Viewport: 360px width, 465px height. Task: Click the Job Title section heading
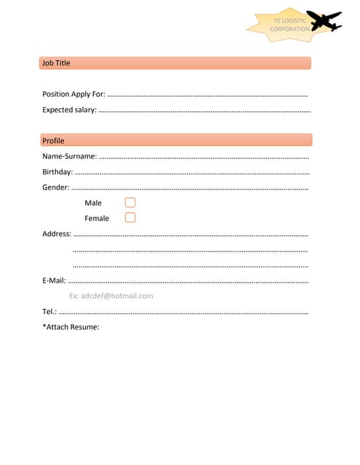56,63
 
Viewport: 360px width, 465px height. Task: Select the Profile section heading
53,140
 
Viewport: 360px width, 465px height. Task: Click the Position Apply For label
73,94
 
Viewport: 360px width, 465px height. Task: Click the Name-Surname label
69,156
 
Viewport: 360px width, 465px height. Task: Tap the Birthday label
57,172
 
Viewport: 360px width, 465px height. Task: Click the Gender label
55,187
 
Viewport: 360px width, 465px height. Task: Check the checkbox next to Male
130,203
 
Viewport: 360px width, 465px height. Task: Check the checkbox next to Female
130,217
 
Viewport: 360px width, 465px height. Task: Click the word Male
93,203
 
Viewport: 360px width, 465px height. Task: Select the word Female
97,218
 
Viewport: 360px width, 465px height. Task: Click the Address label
57,234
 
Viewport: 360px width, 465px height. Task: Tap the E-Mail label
54,280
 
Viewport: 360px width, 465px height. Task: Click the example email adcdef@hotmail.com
111,296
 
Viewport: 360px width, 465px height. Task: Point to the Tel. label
49,312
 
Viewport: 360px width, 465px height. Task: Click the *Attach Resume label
71,327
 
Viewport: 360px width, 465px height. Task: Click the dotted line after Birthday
192,173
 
